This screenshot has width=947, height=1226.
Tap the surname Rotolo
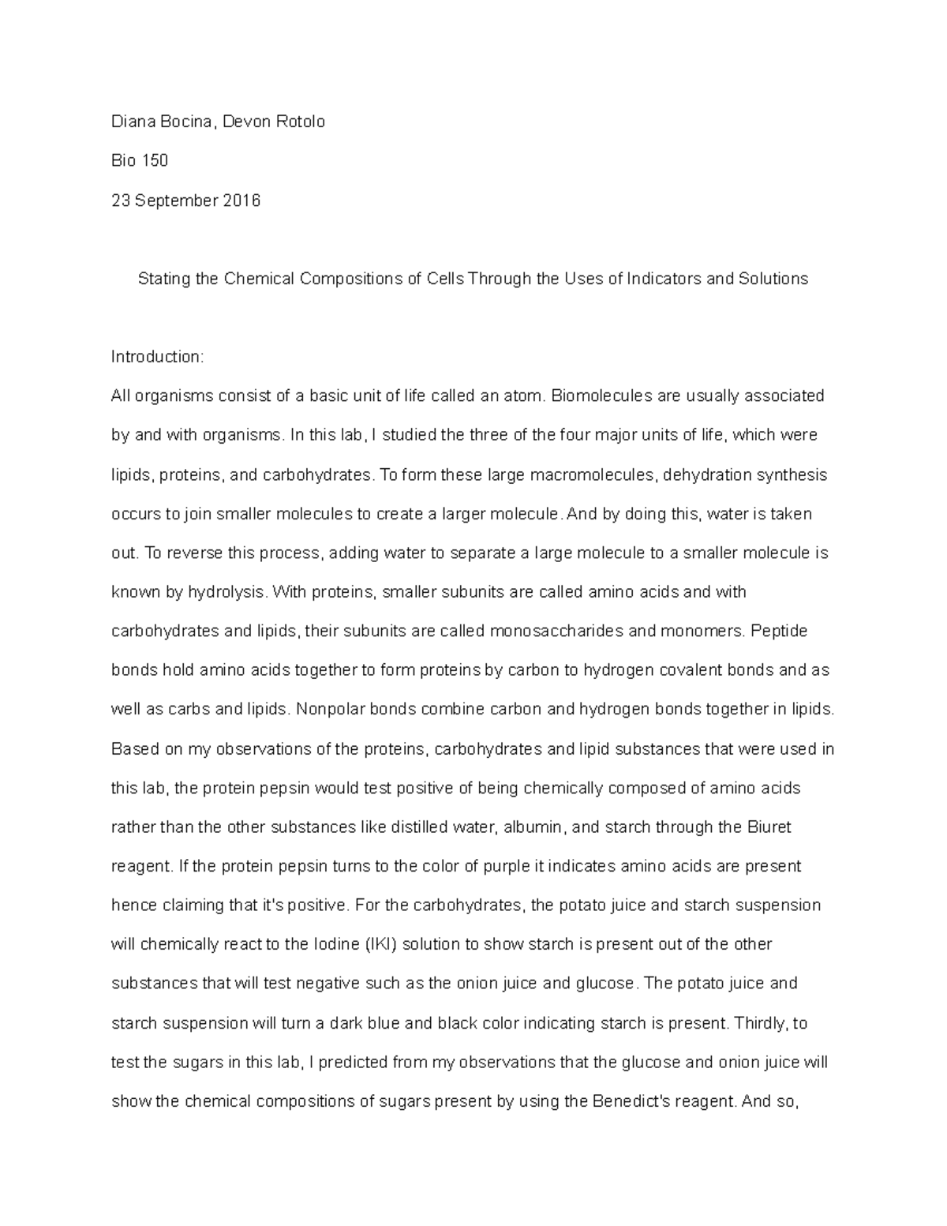tap(298, 122)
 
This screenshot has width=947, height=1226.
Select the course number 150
tap(155, 161)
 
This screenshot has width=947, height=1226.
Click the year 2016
tap(241, 201)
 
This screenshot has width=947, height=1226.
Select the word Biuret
tap(768, 827)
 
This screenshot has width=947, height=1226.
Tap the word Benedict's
tap(625, 1101)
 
